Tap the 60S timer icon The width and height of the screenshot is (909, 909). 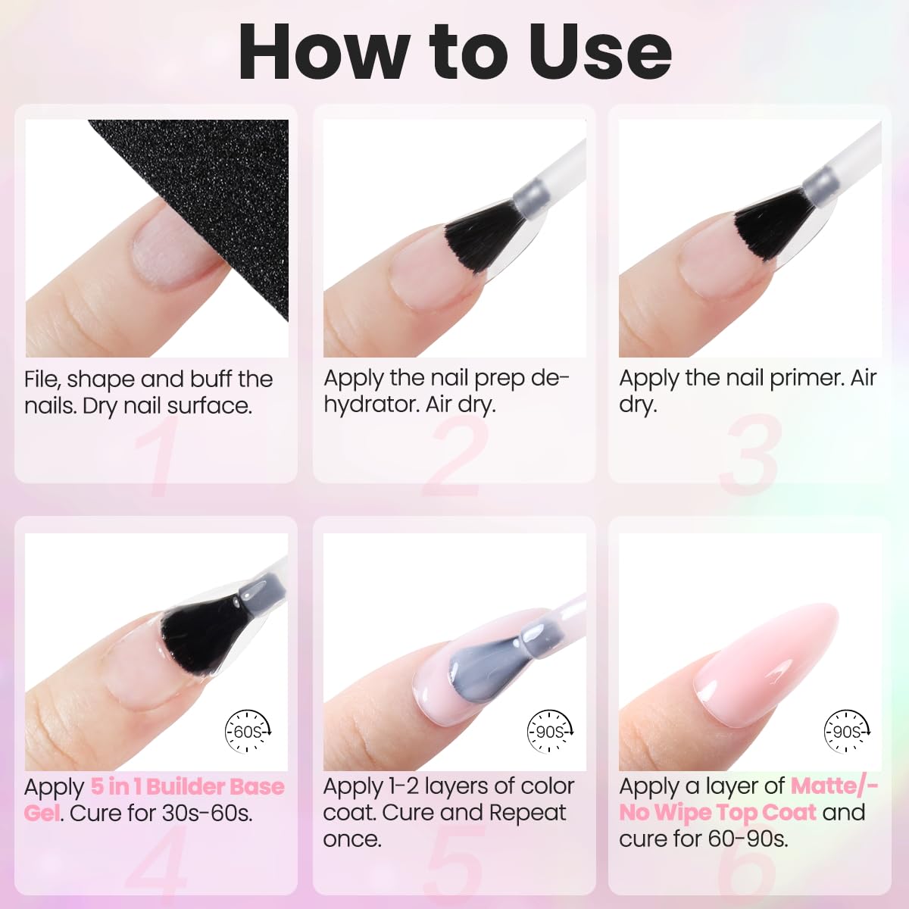tap(248, 731)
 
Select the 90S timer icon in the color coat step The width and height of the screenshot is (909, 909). tap(549, 731)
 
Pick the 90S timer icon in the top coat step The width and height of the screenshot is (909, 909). tap(847, 731)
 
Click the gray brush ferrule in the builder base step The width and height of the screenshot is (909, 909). tap(262, 595)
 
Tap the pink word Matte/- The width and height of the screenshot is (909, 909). tap(835, 786)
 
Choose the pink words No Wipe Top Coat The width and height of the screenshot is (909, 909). tap(717, 813)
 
